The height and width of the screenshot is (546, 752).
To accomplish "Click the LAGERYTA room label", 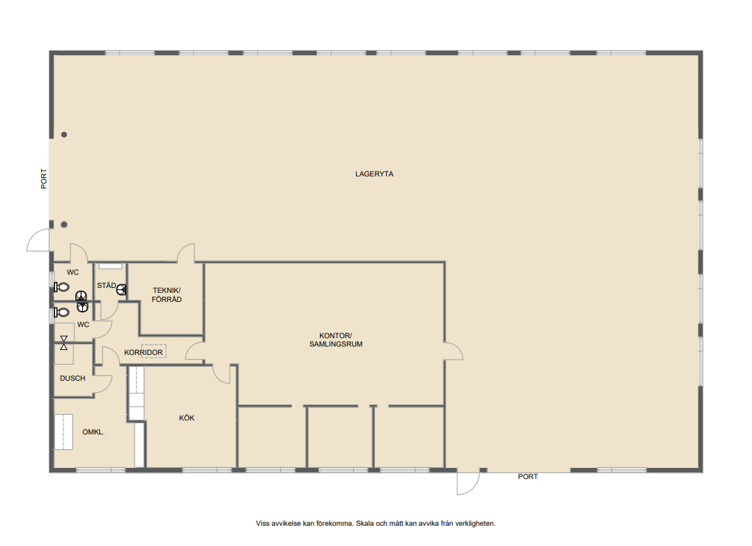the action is coord(374,174).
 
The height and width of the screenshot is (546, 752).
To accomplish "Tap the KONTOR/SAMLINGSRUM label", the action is coord(336,340).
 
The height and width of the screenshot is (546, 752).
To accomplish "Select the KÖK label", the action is coord(187,418).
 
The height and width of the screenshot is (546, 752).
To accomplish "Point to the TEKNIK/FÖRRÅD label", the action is coord(167,294).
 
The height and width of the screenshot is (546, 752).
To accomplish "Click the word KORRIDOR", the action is coord(144,352).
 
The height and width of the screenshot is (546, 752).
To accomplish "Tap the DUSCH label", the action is coord(72,378).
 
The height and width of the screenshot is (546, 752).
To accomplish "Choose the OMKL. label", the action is coord(93,432).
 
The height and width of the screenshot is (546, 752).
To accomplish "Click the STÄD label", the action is coord(107,285).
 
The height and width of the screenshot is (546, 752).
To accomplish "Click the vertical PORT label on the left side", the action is coord(44,179).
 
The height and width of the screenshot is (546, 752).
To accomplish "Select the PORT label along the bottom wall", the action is coord(528,476).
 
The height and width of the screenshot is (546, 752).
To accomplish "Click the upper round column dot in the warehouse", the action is coord(64,135).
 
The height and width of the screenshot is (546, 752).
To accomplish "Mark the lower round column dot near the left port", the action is coord(64,225).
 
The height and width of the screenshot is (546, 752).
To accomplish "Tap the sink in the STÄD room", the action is coord(121,289).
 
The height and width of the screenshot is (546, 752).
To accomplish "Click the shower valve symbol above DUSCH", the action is coord(64,342).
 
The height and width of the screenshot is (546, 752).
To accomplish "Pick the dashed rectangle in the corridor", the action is coord(153,351).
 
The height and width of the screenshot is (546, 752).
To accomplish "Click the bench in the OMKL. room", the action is coord(63,432).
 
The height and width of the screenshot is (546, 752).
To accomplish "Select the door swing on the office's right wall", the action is coord(453,351).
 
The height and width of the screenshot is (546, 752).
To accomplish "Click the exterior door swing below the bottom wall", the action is coord(468,482).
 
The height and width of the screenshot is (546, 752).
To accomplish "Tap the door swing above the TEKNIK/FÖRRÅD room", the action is coord(186,253).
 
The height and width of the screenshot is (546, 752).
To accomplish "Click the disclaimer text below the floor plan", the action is coord(376,524).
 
